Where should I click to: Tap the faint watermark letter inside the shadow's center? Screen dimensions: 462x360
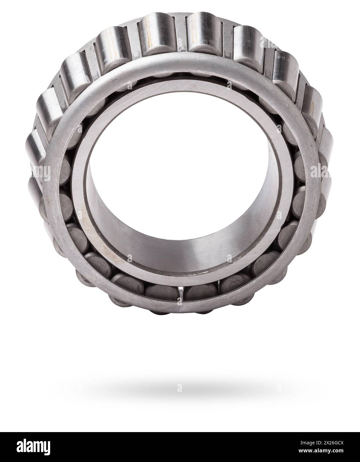pos(180,388)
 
